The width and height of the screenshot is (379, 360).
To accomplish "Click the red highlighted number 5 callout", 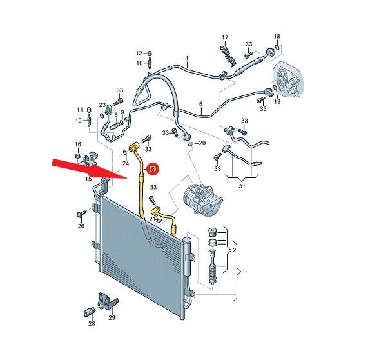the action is [x=153, y=170].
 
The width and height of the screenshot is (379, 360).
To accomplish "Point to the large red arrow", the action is [x=90, y=169].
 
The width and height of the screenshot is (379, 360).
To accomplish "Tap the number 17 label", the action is [x=225, y=37].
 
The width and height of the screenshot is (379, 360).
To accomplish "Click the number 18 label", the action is [x=277, y=36].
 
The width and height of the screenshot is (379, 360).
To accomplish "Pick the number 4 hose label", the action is [x=187, y=58].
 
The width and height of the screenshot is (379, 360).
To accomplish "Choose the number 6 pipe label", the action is [x=200, y=104].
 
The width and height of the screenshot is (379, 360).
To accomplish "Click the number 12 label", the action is [x=139, y=53].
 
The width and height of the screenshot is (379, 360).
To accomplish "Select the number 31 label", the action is [x=242, y=186].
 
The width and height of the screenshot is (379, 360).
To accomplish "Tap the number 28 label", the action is [x=92, y=323].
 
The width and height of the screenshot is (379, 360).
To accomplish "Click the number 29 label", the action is [x=112, y=317].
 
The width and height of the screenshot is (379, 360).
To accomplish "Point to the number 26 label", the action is [x=81, y=226].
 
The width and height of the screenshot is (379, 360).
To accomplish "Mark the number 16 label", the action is [x=78, y=145].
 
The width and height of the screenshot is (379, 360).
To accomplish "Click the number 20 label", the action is [x=202, y=143].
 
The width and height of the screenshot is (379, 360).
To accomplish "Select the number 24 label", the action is [x=126, y=163].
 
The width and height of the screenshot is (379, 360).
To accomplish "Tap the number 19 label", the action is [x=277, y=101].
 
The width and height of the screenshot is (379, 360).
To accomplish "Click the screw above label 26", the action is [x=81, y=214].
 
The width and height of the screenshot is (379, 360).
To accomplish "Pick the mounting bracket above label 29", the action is [x=107, y=301].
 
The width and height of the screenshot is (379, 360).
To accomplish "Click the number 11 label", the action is [x=80, y=110].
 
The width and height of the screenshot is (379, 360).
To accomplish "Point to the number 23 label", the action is [x=102, y=105].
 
